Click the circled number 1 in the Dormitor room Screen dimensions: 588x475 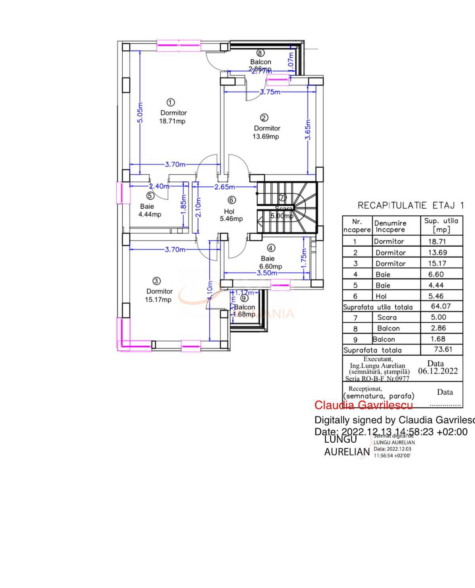(x=171, y=103)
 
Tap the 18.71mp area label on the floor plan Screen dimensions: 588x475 (x=172, y=121)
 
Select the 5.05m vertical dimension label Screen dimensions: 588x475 (x=141, y=112)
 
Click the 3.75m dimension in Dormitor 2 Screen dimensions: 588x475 (x=270, y=92)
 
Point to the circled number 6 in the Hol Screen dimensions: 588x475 (x=232, y=200)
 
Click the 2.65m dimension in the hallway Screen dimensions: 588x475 (x=224, y=187)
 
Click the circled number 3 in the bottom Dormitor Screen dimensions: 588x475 (x=157, y=281)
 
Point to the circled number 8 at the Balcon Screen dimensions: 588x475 (x=260, y=53)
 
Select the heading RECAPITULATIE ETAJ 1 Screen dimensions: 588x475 (x=410, y=206)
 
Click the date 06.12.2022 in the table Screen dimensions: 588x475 (x=438, y=371)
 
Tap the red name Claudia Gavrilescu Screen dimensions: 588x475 (x=363, y=405)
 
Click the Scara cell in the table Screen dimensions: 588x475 (x=387, y=317)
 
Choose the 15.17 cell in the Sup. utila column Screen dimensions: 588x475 (x=437, y=263)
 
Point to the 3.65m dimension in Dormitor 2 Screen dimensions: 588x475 (x=308, y=129)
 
